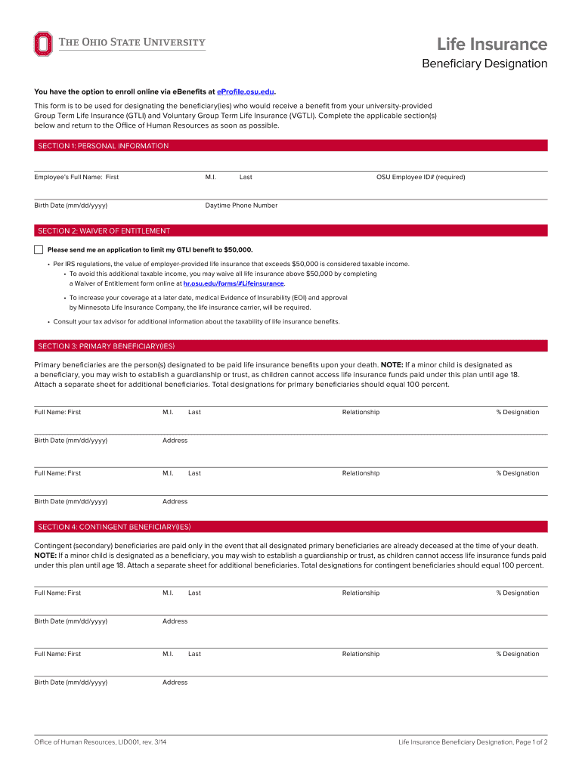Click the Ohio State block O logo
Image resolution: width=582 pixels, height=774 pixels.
coord(43,44)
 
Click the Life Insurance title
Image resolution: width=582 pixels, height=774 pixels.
coord(492,45)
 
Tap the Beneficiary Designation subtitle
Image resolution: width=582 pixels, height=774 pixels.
coord(484,63)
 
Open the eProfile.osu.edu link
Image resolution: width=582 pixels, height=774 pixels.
coord(245,91)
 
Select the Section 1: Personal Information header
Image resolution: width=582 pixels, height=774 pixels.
coord(104,146)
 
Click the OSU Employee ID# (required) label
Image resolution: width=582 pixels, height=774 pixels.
coord(420,177)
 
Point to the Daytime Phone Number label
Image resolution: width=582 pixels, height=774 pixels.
coord(241,206)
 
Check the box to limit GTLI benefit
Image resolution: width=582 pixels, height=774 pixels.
coord(39,249)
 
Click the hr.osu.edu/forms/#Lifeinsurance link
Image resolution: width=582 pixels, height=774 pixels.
coord(234,283)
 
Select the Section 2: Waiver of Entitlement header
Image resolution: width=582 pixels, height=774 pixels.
coord(104,231)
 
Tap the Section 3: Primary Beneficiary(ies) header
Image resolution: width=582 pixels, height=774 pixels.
coord(107,346)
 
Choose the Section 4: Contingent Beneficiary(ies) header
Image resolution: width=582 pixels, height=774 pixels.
coord(114,527)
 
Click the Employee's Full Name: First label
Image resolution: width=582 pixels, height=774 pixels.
coord(76,177)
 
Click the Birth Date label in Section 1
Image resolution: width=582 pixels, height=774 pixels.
coord(70,206)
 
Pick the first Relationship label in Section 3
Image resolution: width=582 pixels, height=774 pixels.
coord(361,412)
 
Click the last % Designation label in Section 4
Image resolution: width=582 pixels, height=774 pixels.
coord(518,654)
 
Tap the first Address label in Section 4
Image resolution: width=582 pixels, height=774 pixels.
coord(175,621)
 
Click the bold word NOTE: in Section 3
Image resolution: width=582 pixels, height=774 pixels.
coord(392,364)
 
